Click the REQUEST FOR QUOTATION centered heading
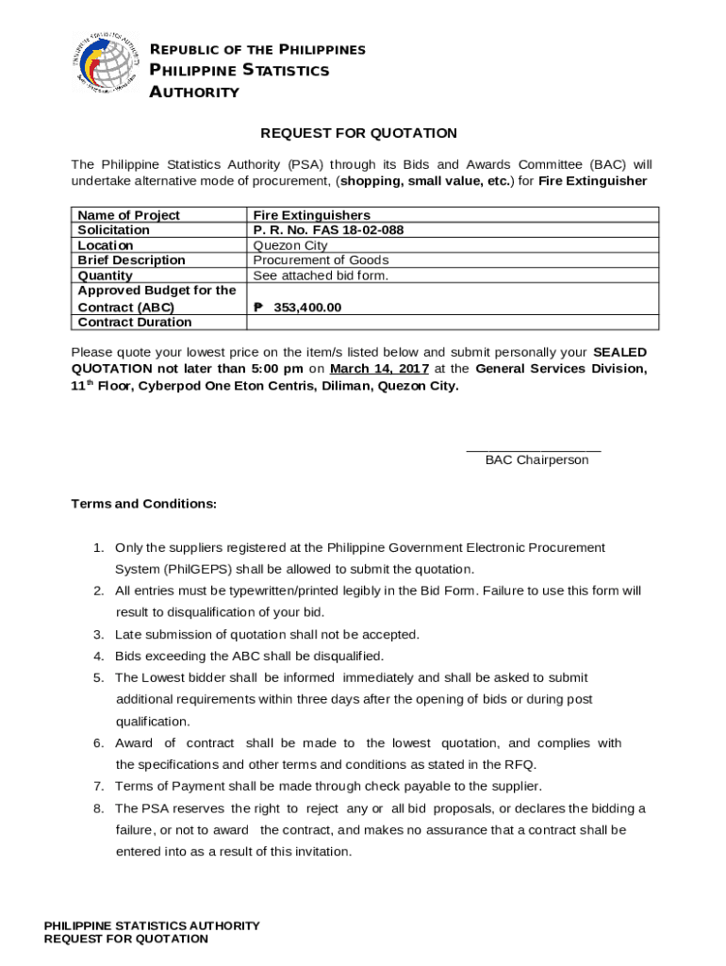tap(359, 133)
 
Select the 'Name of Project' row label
tap(128, 215)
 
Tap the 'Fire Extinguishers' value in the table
tap(311, 215)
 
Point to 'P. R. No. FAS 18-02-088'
tap(328, 230)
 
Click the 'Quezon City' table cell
tap(290, 245)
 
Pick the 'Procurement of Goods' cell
tap(321, 260)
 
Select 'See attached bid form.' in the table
tap(321, 275)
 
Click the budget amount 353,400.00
tap(306, 308)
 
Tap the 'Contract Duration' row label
tap(134, 323)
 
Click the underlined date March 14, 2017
tap(379, 369)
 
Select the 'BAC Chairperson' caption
tap(536, 460)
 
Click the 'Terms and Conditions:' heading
tap(144, 504)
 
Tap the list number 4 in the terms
tap(98, 657)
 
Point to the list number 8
tap(98, 808)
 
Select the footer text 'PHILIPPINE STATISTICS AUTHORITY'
tap(152, 926)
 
